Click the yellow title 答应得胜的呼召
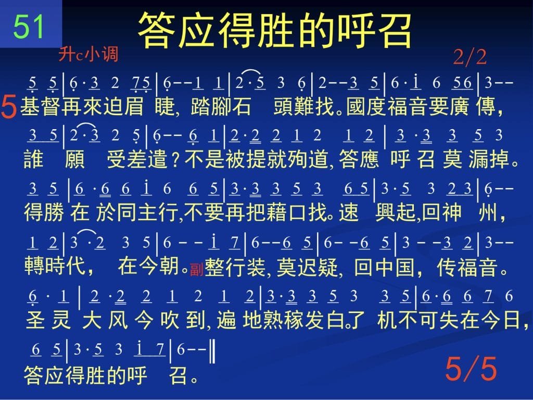click(275, 30)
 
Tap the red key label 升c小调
click(88, 54)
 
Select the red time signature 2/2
click(470, 57)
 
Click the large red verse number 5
click(9, 106)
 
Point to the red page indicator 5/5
click(471, 369)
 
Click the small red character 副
click(196, 269)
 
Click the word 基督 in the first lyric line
click(41, 106)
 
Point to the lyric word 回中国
click(384, 267)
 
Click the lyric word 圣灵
click(48, 320)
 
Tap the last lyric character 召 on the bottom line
click(179, 375)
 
